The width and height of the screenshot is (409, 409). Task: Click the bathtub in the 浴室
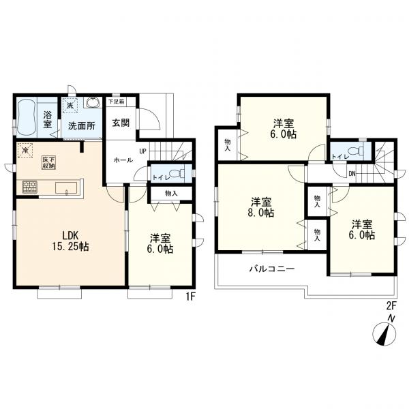[27, 117]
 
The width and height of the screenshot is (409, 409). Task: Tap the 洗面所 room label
[82, 126]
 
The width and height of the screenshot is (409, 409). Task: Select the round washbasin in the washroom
[92, 102]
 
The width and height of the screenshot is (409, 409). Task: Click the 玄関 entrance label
[121, 123]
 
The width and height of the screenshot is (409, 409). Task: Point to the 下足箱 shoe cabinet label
[117, 102]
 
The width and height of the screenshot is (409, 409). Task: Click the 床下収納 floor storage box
[49, 162]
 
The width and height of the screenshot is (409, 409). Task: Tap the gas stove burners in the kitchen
[30, 187]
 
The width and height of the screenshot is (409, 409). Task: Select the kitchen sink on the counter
[66, 188]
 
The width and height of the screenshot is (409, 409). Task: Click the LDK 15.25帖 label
[70, 241]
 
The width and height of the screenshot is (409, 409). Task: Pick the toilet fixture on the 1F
[177, 173]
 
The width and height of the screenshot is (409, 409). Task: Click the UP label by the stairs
[142, 151]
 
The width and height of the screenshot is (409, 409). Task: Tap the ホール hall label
[123, 160]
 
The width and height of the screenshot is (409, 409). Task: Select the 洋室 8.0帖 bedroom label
[261, 207]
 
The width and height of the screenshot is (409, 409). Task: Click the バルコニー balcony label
[272, 269]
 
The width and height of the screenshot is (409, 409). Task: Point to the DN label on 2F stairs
[352, 174]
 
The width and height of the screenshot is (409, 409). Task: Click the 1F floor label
[191, 297]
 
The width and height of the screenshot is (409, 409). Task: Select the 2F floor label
[391, 305]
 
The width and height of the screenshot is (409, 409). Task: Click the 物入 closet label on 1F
[171, 194]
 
